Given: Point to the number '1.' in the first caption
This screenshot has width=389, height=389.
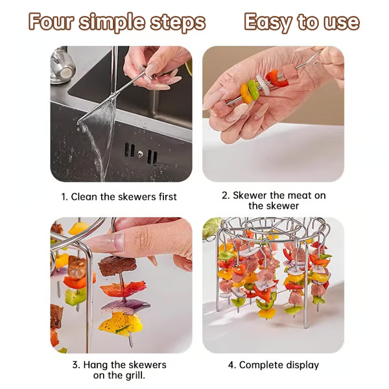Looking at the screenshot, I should (65, 196).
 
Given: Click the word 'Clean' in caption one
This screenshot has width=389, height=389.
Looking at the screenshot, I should (85, 196).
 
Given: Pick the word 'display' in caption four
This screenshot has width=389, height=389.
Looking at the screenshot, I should (301, 366).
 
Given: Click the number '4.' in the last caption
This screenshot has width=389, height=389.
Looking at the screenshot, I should (231, 365).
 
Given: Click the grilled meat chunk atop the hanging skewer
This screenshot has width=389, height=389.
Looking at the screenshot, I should (114, 265).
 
